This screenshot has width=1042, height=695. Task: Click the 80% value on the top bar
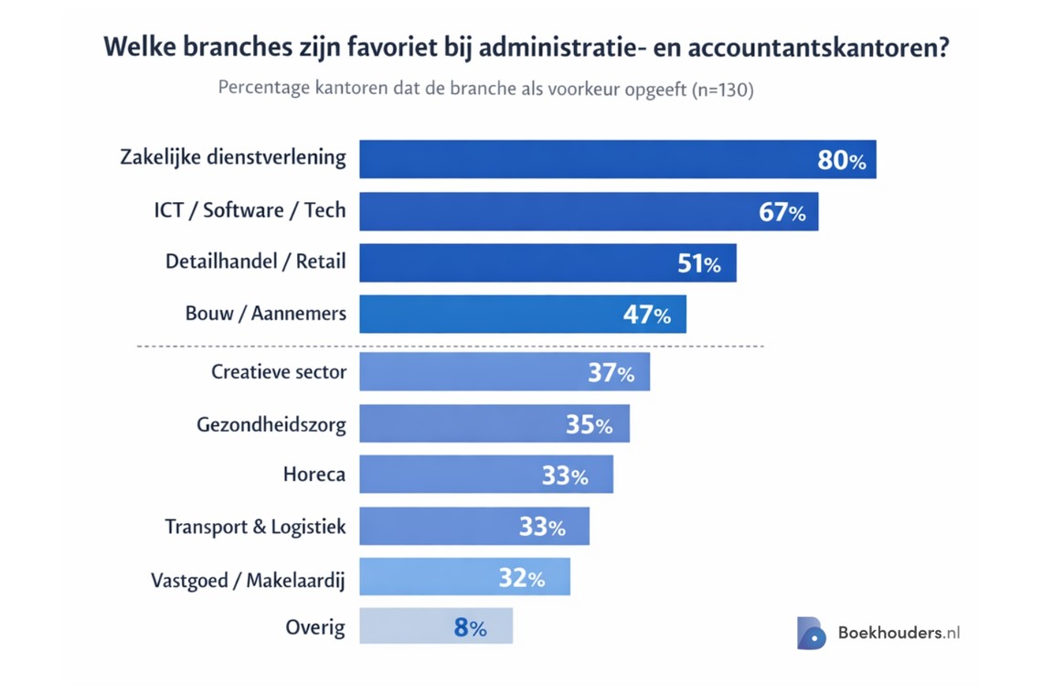click(x=841, y=160)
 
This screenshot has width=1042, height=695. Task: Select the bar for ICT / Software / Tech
click(x=548, y=211)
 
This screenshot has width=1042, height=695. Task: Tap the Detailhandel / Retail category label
click(x=255, y=262)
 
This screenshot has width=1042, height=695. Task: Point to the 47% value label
click(x=646, y=315)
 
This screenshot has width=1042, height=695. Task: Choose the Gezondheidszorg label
click(x=271, y=424)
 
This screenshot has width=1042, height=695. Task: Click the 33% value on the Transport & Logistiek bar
click(x=542, y=527)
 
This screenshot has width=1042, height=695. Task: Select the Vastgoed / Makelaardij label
click(x=248, y=580)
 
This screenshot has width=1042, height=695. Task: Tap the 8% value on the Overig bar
click(x=470, y=627)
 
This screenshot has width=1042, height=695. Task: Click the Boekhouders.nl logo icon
click(x=810, y=633)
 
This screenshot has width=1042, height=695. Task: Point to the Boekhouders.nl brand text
click(x=898, y=633)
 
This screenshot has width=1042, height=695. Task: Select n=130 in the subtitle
click(x=721, y=90)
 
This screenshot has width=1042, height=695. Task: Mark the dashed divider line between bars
click(x=450, y=347)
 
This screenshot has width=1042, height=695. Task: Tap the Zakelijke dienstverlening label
click(x=233, y=157)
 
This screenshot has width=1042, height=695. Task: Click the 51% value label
click(x=698, y=263)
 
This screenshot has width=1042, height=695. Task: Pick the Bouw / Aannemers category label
click(x=265, y=314)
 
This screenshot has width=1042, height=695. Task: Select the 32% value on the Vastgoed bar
click(x=521, y=578)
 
